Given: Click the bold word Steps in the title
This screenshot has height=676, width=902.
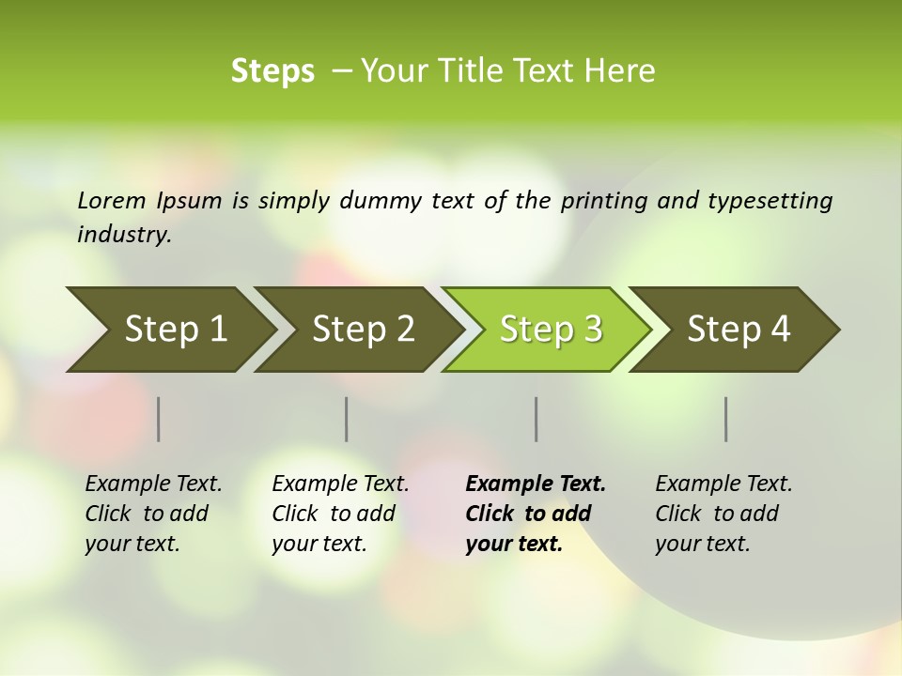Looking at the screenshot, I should (272, 71).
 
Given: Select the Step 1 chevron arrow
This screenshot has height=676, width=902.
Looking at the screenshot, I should (169, 330).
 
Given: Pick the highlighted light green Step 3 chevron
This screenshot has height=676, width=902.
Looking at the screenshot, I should (550, 330).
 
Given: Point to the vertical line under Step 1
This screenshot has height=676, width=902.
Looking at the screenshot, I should (159, 419).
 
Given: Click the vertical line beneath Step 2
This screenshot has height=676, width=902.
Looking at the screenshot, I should (347, 419).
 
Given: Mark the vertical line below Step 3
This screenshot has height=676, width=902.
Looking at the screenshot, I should (536, 419).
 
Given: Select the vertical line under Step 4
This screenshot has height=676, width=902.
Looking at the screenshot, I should (726, 419).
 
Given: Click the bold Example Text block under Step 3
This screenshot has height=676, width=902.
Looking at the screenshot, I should (536, 514).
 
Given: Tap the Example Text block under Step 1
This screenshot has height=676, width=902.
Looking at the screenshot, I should (153, 514).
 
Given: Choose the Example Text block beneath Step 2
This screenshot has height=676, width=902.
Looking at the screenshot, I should (340, 514).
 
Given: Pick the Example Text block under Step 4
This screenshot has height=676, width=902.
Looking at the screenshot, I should (723, 514).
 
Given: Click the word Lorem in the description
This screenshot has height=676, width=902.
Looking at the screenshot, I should (111, 200).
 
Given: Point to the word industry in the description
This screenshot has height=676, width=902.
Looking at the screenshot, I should (124, 235).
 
